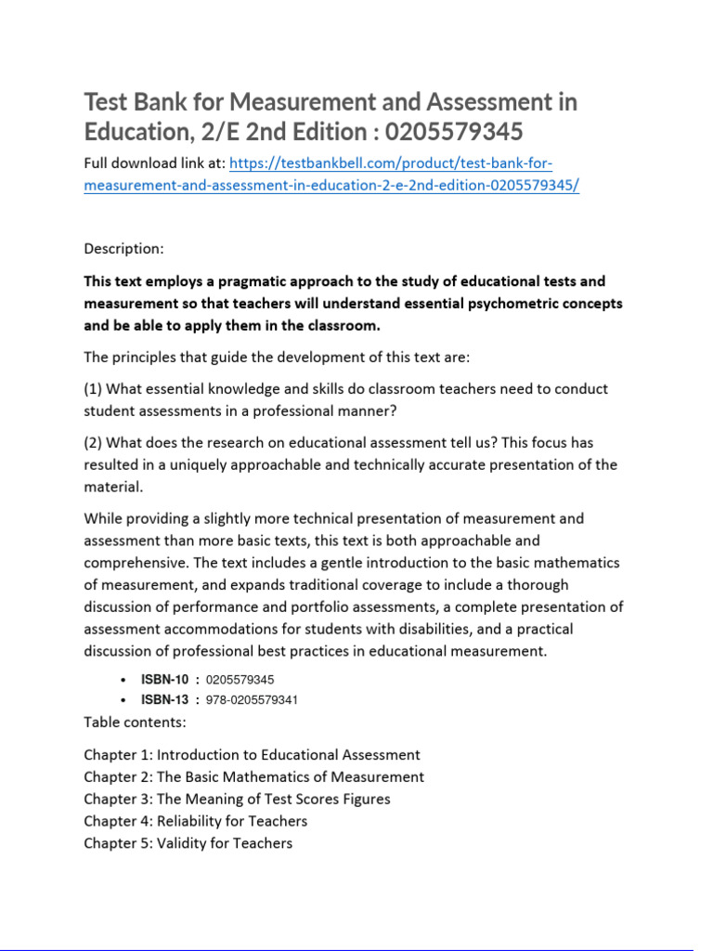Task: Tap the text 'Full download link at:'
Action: pyautogui.click(x=153, y=164)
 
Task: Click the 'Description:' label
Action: pyautogui.click(x=123, y=248)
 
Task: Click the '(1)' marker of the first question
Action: pyautogui.click(x=95, y=388)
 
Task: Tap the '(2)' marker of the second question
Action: pyautogui.click(x=95, y=443)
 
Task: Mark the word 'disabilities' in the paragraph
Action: pyautogui.click(x=475, y=630)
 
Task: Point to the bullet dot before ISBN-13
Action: pyautogui.click(x=123, y=700)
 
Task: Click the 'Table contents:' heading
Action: pyautogui.click(x=135, y=722)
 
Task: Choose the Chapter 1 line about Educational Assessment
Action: pyautogui.click(x=252, y=755)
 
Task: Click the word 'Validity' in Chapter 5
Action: pyautogui.click(x=182, y=843)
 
